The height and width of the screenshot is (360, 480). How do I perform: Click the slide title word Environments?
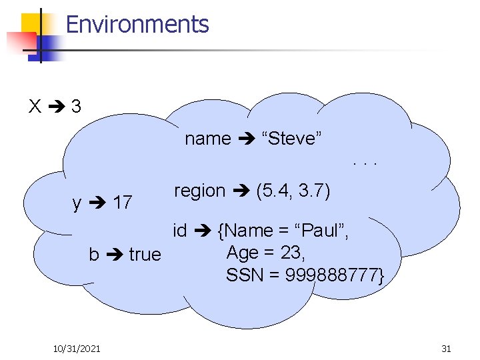click(137, 25)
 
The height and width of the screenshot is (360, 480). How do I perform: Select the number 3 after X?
click(76, 106)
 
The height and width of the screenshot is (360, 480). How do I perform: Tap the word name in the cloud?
click(207, 139)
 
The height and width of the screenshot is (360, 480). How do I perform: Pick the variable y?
click(77, 203)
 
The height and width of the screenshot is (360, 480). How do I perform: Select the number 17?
click(122, 201)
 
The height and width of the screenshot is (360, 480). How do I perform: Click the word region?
click(199, 191)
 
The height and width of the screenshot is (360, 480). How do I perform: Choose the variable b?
click(94, 254)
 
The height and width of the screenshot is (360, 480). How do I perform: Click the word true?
click(145, 254)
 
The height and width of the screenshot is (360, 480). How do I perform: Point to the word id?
click(179, 231)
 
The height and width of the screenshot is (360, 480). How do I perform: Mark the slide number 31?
click(446, 348)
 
